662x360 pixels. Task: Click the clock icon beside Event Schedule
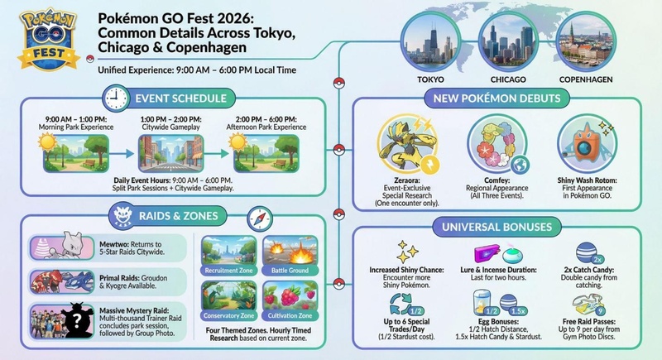point(117,98)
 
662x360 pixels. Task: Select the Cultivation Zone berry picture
point(288,299)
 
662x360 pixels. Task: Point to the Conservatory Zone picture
point(230,299)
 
